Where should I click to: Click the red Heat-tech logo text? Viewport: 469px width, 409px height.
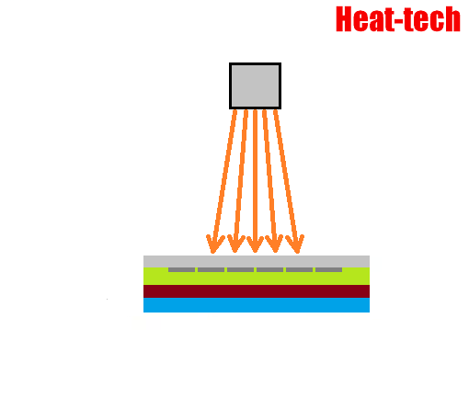398,19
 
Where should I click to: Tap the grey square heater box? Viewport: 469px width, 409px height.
255,86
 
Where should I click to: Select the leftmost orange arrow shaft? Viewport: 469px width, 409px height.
224,181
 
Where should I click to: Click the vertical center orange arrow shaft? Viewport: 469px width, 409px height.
255,181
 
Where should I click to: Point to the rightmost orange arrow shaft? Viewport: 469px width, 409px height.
286,181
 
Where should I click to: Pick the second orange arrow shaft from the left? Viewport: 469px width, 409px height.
240,181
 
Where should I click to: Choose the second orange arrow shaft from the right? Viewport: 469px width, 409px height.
269,181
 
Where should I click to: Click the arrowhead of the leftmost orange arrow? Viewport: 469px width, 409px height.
214,244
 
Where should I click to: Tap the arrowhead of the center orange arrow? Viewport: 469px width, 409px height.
255,244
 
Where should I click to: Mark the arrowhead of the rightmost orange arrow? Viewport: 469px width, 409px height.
295,244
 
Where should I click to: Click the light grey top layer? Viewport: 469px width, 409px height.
257,261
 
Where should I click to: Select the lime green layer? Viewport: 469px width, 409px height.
257,278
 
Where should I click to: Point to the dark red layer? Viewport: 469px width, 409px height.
257,291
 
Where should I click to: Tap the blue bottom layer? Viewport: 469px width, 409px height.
257,305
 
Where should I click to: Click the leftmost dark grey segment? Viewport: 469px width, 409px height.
181,269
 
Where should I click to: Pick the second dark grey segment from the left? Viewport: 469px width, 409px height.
211,269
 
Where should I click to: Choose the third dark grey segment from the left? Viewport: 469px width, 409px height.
240,269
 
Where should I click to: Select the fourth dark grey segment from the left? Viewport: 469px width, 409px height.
269,269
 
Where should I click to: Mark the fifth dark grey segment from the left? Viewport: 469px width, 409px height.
299,269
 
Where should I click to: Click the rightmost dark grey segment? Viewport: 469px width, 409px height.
328,269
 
